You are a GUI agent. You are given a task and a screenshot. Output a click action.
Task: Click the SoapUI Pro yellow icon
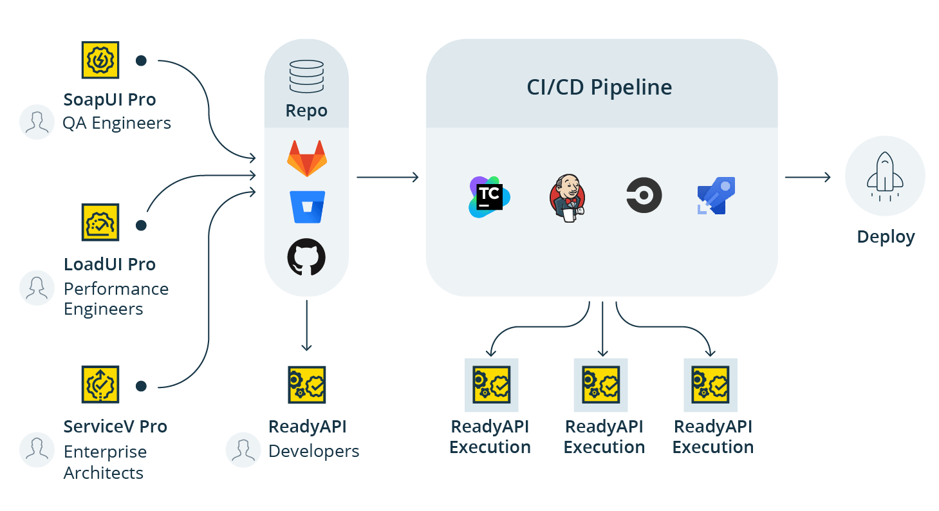100,60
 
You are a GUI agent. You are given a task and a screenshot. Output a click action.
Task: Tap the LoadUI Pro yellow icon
100,222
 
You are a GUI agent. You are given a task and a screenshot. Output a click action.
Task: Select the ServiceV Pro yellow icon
100,385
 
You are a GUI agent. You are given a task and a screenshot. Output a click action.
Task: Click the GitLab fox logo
306,159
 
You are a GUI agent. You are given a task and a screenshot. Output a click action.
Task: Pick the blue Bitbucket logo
306,207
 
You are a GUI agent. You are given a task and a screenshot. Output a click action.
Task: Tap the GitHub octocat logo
306,257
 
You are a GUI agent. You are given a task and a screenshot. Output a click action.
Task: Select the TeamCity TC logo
489,196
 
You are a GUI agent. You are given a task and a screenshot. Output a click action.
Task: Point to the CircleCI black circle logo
644,196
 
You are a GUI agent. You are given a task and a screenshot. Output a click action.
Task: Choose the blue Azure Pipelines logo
716,196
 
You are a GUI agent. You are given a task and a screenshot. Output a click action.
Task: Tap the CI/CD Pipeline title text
599,88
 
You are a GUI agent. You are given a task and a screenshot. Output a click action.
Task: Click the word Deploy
886,237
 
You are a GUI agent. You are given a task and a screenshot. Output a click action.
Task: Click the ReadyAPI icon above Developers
307,385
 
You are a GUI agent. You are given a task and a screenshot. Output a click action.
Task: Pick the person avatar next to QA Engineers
37,122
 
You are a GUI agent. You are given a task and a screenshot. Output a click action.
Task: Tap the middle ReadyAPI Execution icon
601,385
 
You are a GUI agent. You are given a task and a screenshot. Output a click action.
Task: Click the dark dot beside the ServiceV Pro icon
141,386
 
